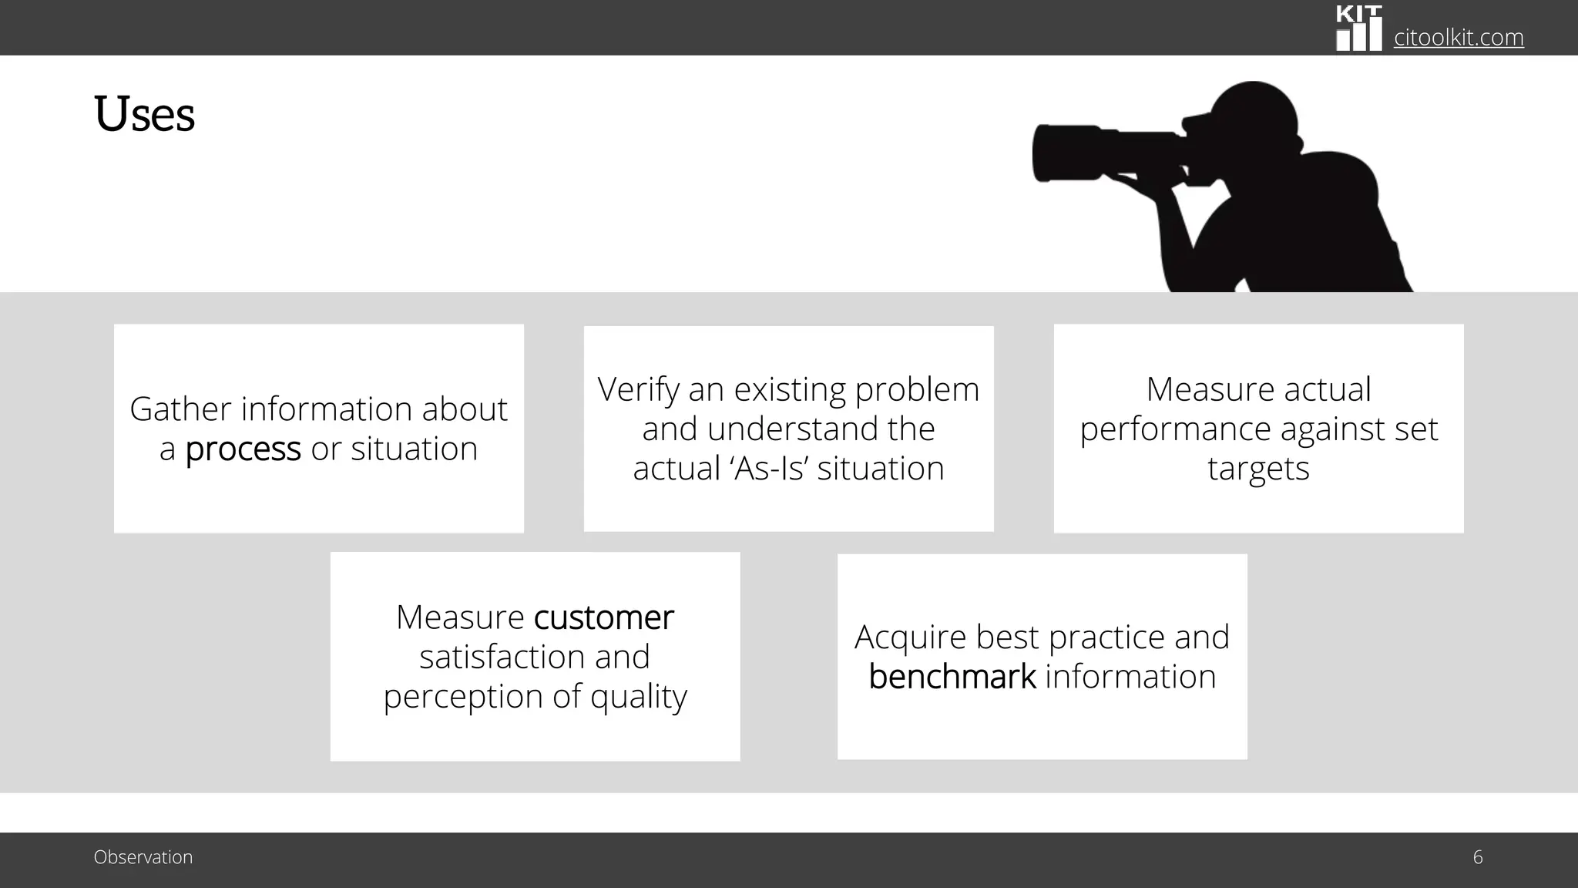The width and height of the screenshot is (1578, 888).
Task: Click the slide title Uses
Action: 144,115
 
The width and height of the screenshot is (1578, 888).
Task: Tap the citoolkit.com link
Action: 1459,37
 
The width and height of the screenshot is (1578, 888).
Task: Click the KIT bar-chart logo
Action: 1358,29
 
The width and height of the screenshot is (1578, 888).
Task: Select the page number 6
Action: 1477,857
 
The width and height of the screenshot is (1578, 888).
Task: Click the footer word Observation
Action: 143,857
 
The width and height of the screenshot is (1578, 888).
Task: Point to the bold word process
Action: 243,449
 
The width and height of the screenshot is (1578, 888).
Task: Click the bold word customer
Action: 603,617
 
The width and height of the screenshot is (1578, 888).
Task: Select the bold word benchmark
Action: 952,678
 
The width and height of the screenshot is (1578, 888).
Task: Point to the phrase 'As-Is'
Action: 767,469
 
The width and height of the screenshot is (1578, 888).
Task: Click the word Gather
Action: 180,409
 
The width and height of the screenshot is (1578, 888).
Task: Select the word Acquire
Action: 910,637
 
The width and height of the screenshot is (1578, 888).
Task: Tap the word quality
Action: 638,698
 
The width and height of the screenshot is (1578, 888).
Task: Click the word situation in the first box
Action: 414,449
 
